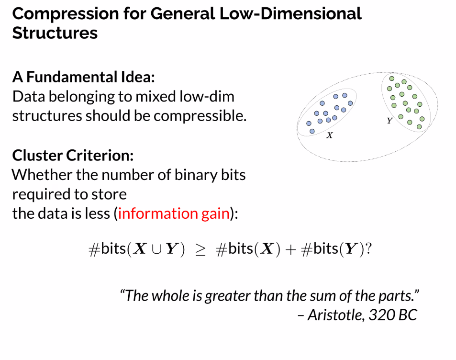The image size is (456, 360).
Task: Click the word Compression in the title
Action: [x=66, y=14]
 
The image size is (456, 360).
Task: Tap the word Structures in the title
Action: [x=55, y=33]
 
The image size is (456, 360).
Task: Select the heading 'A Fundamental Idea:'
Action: [x=83, y=77]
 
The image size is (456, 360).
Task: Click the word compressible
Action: [x=200, y=116]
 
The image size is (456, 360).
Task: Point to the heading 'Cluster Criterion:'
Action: [x=73, y=155]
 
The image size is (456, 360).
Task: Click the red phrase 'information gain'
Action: [x=174, y=214]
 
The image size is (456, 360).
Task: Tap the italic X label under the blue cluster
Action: [x=330, y=135]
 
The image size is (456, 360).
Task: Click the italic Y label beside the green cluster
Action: [x=389, y=121]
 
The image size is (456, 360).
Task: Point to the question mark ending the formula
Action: [x=368, y=249]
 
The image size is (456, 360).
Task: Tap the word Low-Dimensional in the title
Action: [x=290, y=14]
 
